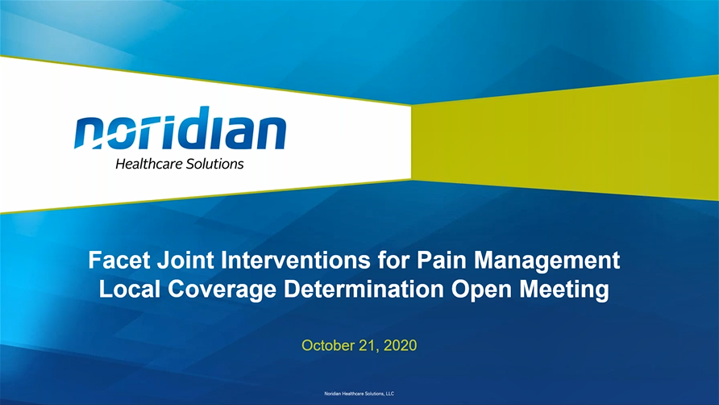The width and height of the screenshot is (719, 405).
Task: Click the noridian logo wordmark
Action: pyautogui.click(x=181, y=128)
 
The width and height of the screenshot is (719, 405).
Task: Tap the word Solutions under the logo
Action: pyautogui.click(x=214, y=164)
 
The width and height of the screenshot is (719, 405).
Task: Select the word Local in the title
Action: pyautogui.click(x=130, y=290)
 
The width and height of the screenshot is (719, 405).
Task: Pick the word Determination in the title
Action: pyautogui.click(x=364, y=290)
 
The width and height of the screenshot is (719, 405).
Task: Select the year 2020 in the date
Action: pyautogui.click(x=401, y=345)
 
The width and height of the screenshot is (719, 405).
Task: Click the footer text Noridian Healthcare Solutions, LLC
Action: pyautogui.click(x=359, y=394)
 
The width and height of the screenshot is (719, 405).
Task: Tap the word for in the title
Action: pyautogui.click(x=394, y=260)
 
